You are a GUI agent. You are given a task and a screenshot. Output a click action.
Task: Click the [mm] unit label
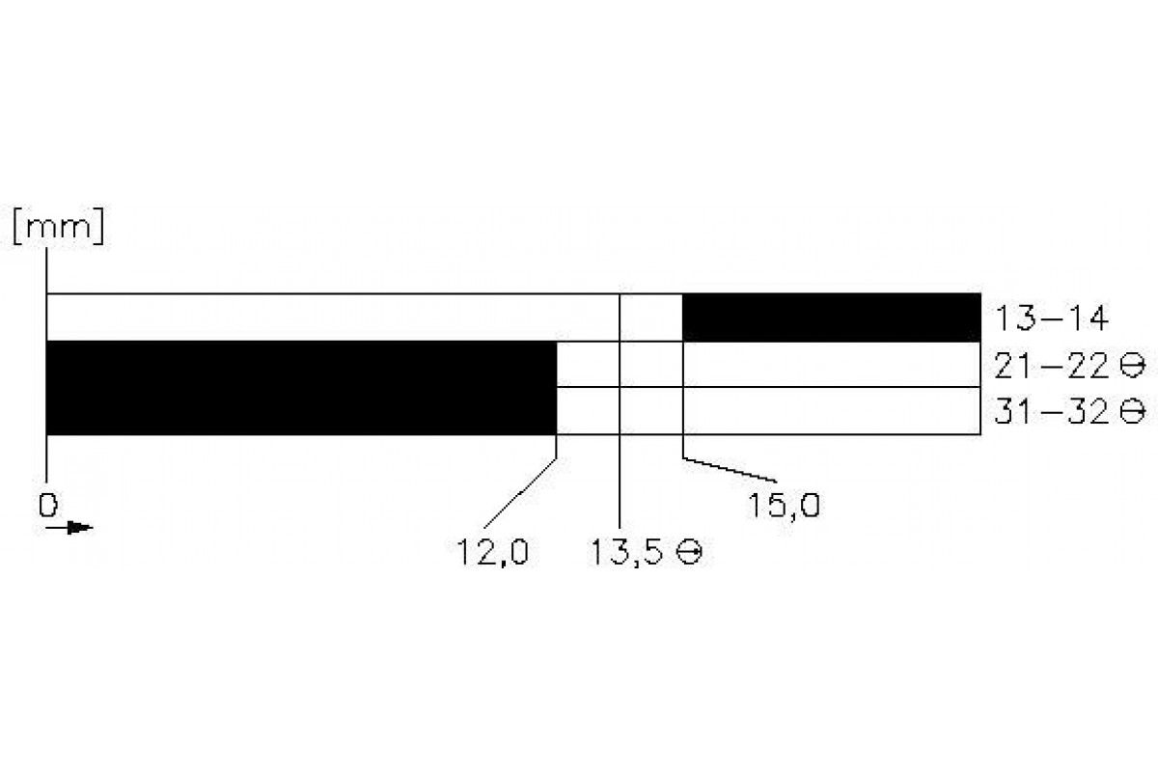[x=59, y=229]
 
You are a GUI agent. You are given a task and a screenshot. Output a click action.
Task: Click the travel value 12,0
[x=493, y=553]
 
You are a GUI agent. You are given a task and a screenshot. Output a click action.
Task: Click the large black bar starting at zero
[x=301, y=388]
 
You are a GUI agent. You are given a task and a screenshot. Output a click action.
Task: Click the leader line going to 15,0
[x=729, y=469]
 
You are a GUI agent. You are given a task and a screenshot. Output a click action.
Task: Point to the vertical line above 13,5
[x=619, y=482]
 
